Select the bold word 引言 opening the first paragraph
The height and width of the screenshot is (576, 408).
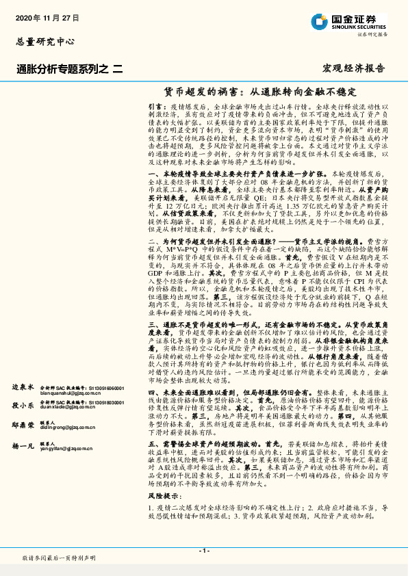155,107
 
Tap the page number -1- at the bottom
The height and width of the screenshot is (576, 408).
203,551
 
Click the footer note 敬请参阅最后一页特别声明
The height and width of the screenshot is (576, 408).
59,558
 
